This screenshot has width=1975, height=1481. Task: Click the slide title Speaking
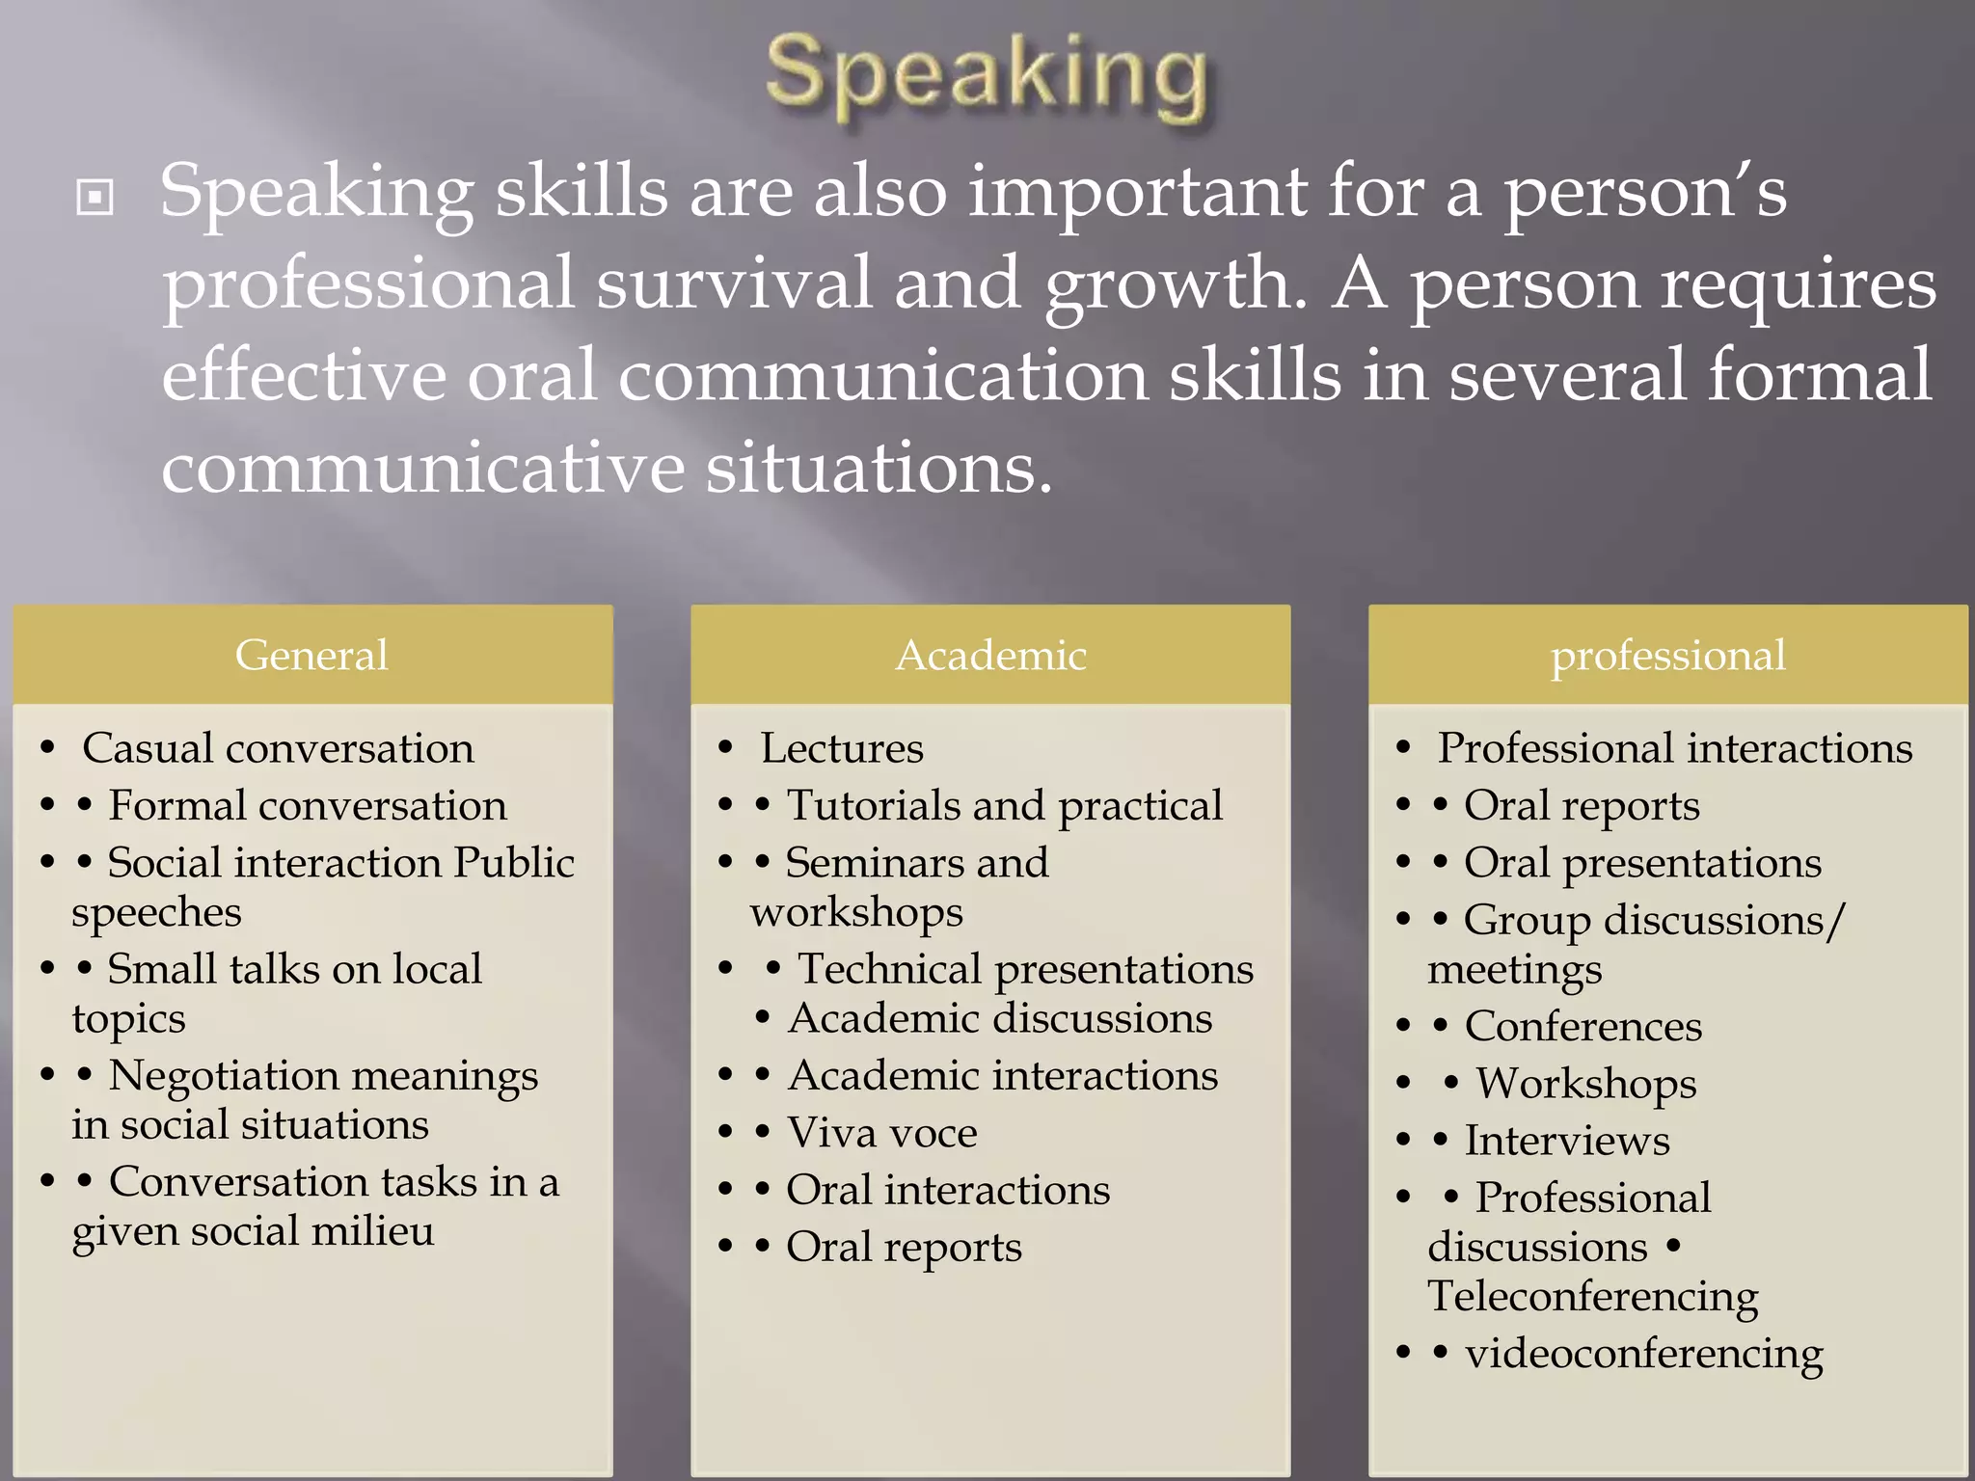pos(986,77)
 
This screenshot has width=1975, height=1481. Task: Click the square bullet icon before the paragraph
pos(95,199)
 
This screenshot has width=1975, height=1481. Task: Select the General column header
pos(311,655)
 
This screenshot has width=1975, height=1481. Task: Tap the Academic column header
pos(990,655)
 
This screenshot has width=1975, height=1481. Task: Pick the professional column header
pos(1667,655)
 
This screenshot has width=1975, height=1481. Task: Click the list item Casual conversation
pos(278,748)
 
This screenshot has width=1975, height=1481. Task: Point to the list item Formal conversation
pos(307,805)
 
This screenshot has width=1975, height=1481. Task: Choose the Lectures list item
pos(841,748)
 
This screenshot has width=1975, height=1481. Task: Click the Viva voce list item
pos(881,1132)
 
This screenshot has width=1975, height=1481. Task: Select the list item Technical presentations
pos(1025,969)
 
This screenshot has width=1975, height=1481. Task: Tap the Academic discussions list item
pos(1000,1018)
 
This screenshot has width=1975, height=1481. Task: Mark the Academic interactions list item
pos(1003,1075)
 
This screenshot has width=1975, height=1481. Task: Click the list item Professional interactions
pos(1674,748)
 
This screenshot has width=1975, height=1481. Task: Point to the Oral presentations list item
pos(1642,863)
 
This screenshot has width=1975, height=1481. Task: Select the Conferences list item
pos(1583,1026)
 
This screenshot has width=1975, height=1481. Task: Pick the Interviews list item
pos(1567,1141)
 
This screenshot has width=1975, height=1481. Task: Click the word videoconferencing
pos(1643,1353)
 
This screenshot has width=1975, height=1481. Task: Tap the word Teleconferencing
pos(1592,1296)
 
